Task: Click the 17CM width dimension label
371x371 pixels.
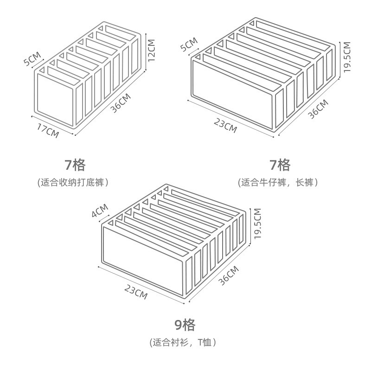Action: [49, 130]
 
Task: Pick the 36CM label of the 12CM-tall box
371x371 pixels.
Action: [121, 103]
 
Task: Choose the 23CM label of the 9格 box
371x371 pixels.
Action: [136, 291]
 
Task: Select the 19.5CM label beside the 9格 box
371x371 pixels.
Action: [258, 224]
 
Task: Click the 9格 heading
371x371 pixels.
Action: [185, 324]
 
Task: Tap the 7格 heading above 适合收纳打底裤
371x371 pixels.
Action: [75, 164]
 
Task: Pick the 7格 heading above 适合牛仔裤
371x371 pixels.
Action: [280, 164]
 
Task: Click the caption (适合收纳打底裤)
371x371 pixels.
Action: [73, 182]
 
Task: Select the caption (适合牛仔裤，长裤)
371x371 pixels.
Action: [279, 182]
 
